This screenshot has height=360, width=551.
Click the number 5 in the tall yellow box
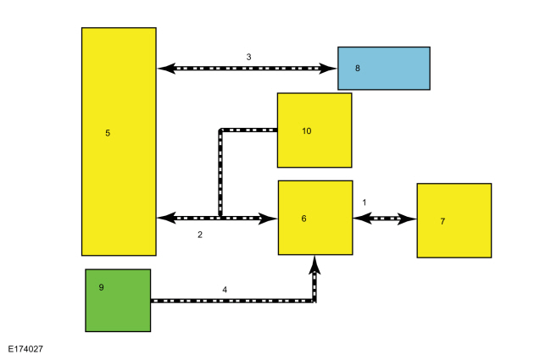pyautogui.click(x=108, y=133)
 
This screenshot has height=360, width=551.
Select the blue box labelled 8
pyautogui.click(x=384, y=68)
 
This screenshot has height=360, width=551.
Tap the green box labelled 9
pyautogui.click(x=118, y=301)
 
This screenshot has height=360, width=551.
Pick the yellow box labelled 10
pyautogui.click(x=314, y=130)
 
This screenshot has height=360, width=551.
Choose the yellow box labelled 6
pyautogui.click(x=315, y=218)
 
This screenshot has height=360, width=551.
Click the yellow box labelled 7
pyautogui.click(x=454, y=220)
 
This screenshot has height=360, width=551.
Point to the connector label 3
pyautogui.click(x=248, y=57)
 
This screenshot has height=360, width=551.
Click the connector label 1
pyautogui.click(x=365, y=202)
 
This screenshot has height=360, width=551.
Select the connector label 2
pyautogui.click(x=200, y=235)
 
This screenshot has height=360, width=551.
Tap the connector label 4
pyautogui.click(x=225, y=290)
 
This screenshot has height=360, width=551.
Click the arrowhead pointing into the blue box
pyautogui.click(x=327, y=68)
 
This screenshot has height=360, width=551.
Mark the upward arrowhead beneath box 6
pyautogui.click(x=314, y=265)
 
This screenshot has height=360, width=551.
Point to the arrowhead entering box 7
pyautogui.click(x=407, y=219)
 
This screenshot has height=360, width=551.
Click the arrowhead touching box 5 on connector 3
pyautogui.click(x=166, y=68)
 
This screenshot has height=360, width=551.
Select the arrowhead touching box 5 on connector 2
pyautogui.click(x=166, y=218)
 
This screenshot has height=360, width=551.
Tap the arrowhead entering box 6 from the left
pyautogui.click(x=268, y=219)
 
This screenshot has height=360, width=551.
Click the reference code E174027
pyautogui.click(x=25, y=349)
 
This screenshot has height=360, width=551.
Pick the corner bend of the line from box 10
pyautogui.click(x=220, y=130)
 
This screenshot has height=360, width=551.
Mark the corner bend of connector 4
pyautogui.click(x=314, y=301)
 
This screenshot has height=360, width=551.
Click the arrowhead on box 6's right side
pyautogui.click(x=363, y=219)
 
